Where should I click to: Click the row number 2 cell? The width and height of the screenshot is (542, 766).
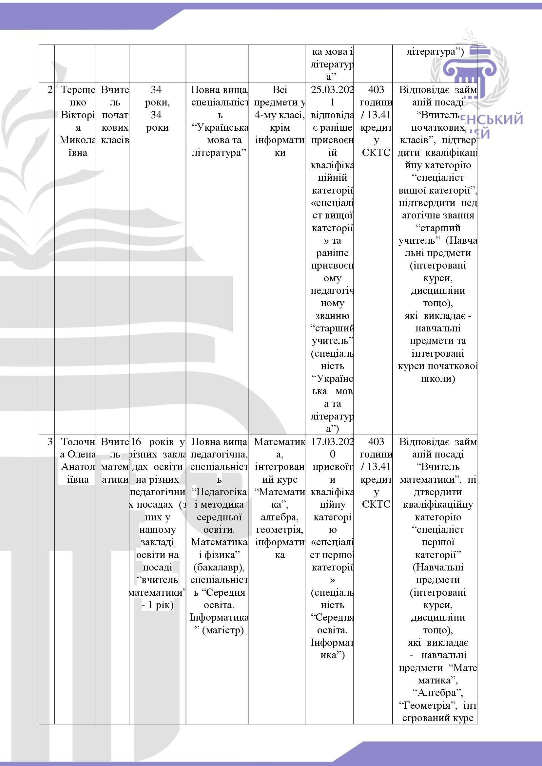50,90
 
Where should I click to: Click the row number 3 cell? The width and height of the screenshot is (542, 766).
50,442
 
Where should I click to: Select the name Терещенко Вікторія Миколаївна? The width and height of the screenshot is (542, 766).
77,121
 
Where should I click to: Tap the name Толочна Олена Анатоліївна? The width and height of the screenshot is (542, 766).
77,460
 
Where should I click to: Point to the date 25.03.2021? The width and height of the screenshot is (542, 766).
332,96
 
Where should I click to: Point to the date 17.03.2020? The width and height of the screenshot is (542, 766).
332,448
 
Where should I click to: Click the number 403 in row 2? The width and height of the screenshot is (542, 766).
376,90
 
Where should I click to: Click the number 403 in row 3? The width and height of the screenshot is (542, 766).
376,442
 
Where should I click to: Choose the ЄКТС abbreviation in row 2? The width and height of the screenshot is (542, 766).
376,153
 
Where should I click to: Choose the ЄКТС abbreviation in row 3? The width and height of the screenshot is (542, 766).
376,504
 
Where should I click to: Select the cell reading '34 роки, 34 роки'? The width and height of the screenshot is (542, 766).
157,108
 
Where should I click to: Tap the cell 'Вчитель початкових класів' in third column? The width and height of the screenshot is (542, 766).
114,115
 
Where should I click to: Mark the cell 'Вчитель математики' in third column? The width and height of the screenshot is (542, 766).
114,460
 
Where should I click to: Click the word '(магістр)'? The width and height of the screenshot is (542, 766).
223,630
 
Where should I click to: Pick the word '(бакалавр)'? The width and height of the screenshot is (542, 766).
219,567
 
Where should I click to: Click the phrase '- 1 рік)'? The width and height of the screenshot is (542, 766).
158,605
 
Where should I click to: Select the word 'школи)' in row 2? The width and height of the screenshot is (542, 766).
438,379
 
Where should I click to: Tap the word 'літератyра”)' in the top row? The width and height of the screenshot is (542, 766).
435,52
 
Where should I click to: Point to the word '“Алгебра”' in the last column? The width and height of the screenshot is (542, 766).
438,693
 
